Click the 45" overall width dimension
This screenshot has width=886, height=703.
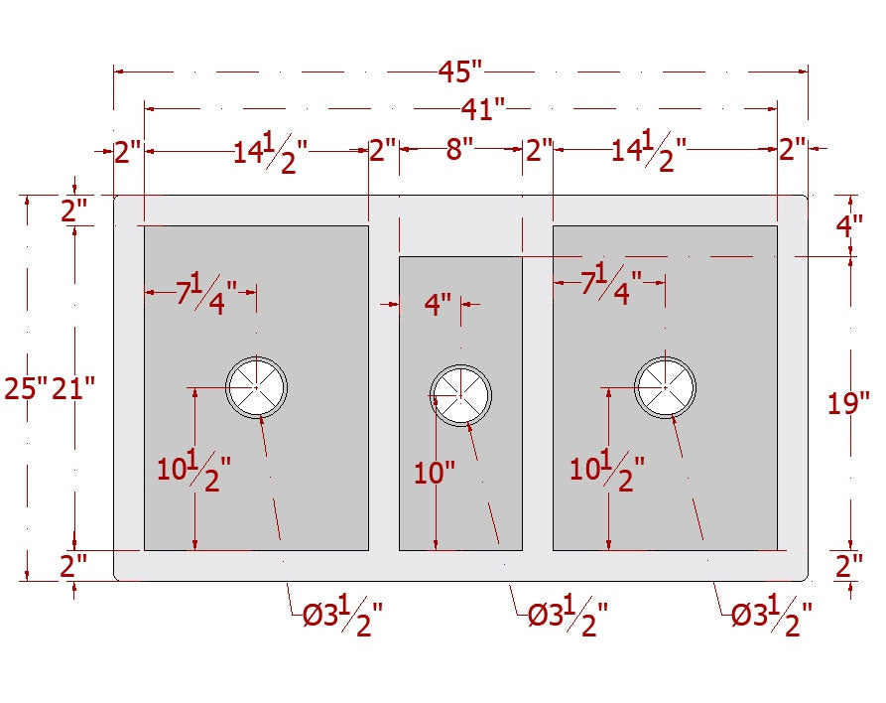tap(460, 71)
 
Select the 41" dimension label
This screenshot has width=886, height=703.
tap(482, 108)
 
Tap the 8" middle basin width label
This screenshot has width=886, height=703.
tap(459, 149)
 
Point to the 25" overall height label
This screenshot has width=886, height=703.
tap(26, 388)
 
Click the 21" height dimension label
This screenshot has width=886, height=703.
tap(72, 388)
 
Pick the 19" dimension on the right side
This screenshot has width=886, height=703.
tap(848, 403)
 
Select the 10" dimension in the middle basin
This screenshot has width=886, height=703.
tap(434, 473)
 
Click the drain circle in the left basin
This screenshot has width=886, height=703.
tap(257, 387)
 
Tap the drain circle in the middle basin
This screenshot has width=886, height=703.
tap(460, 395)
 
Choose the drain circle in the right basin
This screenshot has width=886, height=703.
tap(665, 387)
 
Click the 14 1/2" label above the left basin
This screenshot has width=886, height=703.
tap(271, 152)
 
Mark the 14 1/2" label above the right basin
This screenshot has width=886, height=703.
tap(649, 151)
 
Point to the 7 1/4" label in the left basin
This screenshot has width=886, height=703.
tap(206, 294)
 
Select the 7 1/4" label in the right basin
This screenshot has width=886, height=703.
tap(611, 284)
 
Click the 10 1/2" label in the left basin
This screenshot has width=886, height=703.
tap(193, 471)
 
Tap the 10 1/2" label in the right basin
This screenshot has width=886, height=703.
tap(607, 471)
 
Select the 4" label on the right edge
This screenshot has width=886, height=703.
tap(849, 226)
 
